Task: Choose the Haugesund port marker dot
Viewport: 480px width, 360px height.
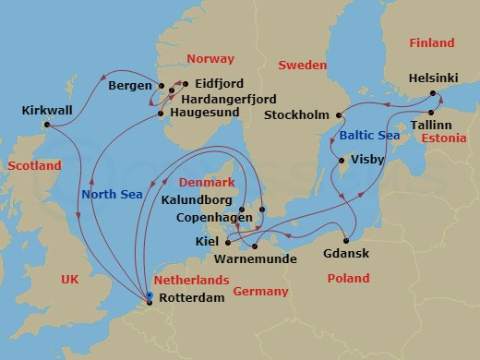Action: [x=162, y=114]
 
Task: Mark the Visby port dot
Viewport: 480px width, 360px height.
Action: [x=350, y=158]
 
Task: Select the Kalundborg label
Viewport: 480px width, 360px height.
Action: [x=197, y=198]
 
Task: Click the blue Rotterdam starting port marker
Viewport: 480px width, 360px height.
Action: [x=150, y=295]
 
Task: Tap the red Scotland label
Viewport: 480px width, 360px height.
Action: [x=34, y=165]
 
